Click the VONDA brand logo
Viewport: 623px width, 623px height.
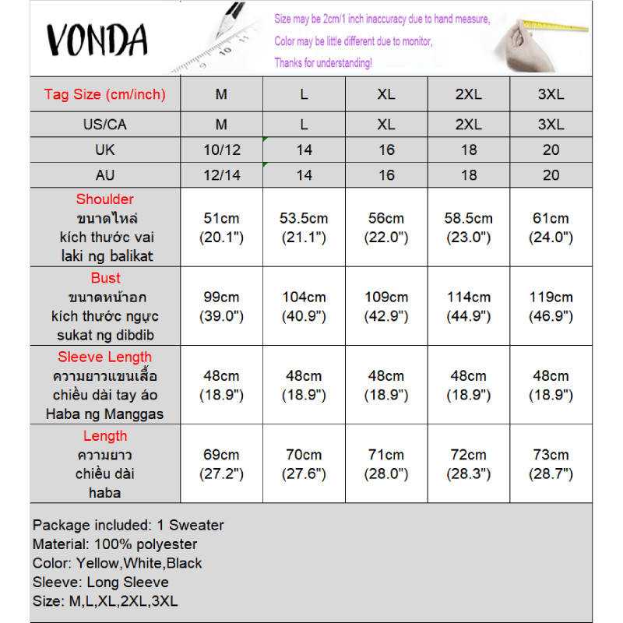coord(97,39)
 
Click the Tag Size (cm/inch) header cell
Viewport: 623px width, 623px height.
coord(105,95)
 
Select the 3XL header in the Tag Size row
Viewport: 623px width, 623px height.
coord(551,95)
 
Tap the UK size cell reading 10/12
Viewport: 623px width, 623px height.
coord(222,150)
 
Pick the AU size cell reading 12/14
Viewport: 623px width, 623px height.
coord(222,175)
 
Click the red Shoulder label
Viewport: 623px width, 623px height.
coord(105,199)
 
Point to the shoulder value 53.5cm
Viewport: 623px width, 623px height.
coord(304,219)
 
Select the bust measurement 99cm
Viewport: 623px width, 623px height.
coord(222,297)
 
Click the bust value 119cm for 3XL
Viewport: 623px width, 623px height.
coord(551,297)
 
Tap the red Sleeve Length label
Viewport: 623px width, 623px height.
coord(105,357)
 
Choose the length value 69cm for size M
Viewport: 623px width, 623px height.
coord(222,455)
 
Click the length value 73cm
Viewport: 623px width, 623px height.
coord(551,455)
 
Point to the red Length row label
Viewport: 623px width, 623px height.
coord(105,436)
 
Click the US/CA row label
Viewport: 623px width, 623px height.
coord(105,125)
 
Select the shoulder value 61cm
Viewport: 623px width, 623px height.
coord(551,219)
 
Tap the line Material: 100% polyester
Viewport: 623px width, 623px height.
coord(115,544)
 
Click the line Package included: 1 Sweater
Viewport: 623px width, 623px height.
coord(128,526)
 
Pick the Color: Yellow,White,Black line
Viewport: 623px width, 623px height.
coord(118,563)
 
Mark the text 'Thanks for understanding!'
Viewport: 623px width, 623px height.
coord(323,62)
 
